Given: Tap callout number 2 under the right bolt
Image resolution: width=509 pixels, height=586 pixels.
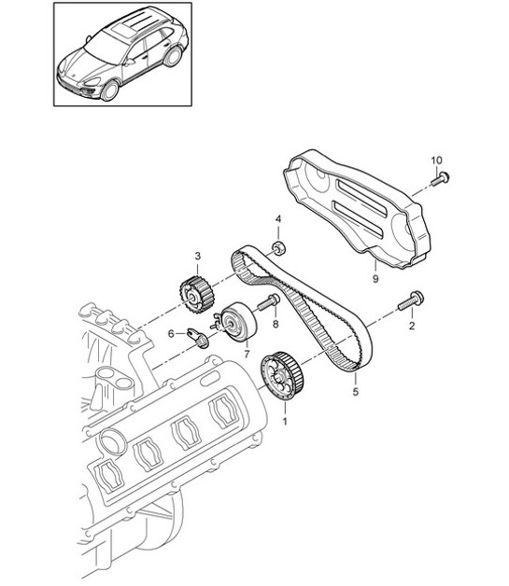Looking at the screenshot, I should pos(410,327).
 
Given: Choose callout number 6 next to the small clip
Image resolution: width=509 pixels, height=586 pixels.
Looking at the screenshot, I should pos(170,333).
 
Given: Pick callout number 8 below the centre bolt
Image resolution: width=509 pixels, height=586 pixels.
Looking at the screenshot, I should pos(276,324).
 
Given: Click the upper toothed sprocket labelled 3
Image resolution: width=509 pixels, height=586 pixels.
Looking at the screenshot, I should pos(192,291).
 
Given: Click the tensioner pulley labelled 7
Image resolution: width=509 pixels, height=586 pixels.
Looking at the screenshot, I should pos(235,321).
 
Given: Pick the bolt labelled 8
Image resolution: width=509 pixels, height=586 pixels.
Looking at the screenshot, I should pos(269,301).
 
